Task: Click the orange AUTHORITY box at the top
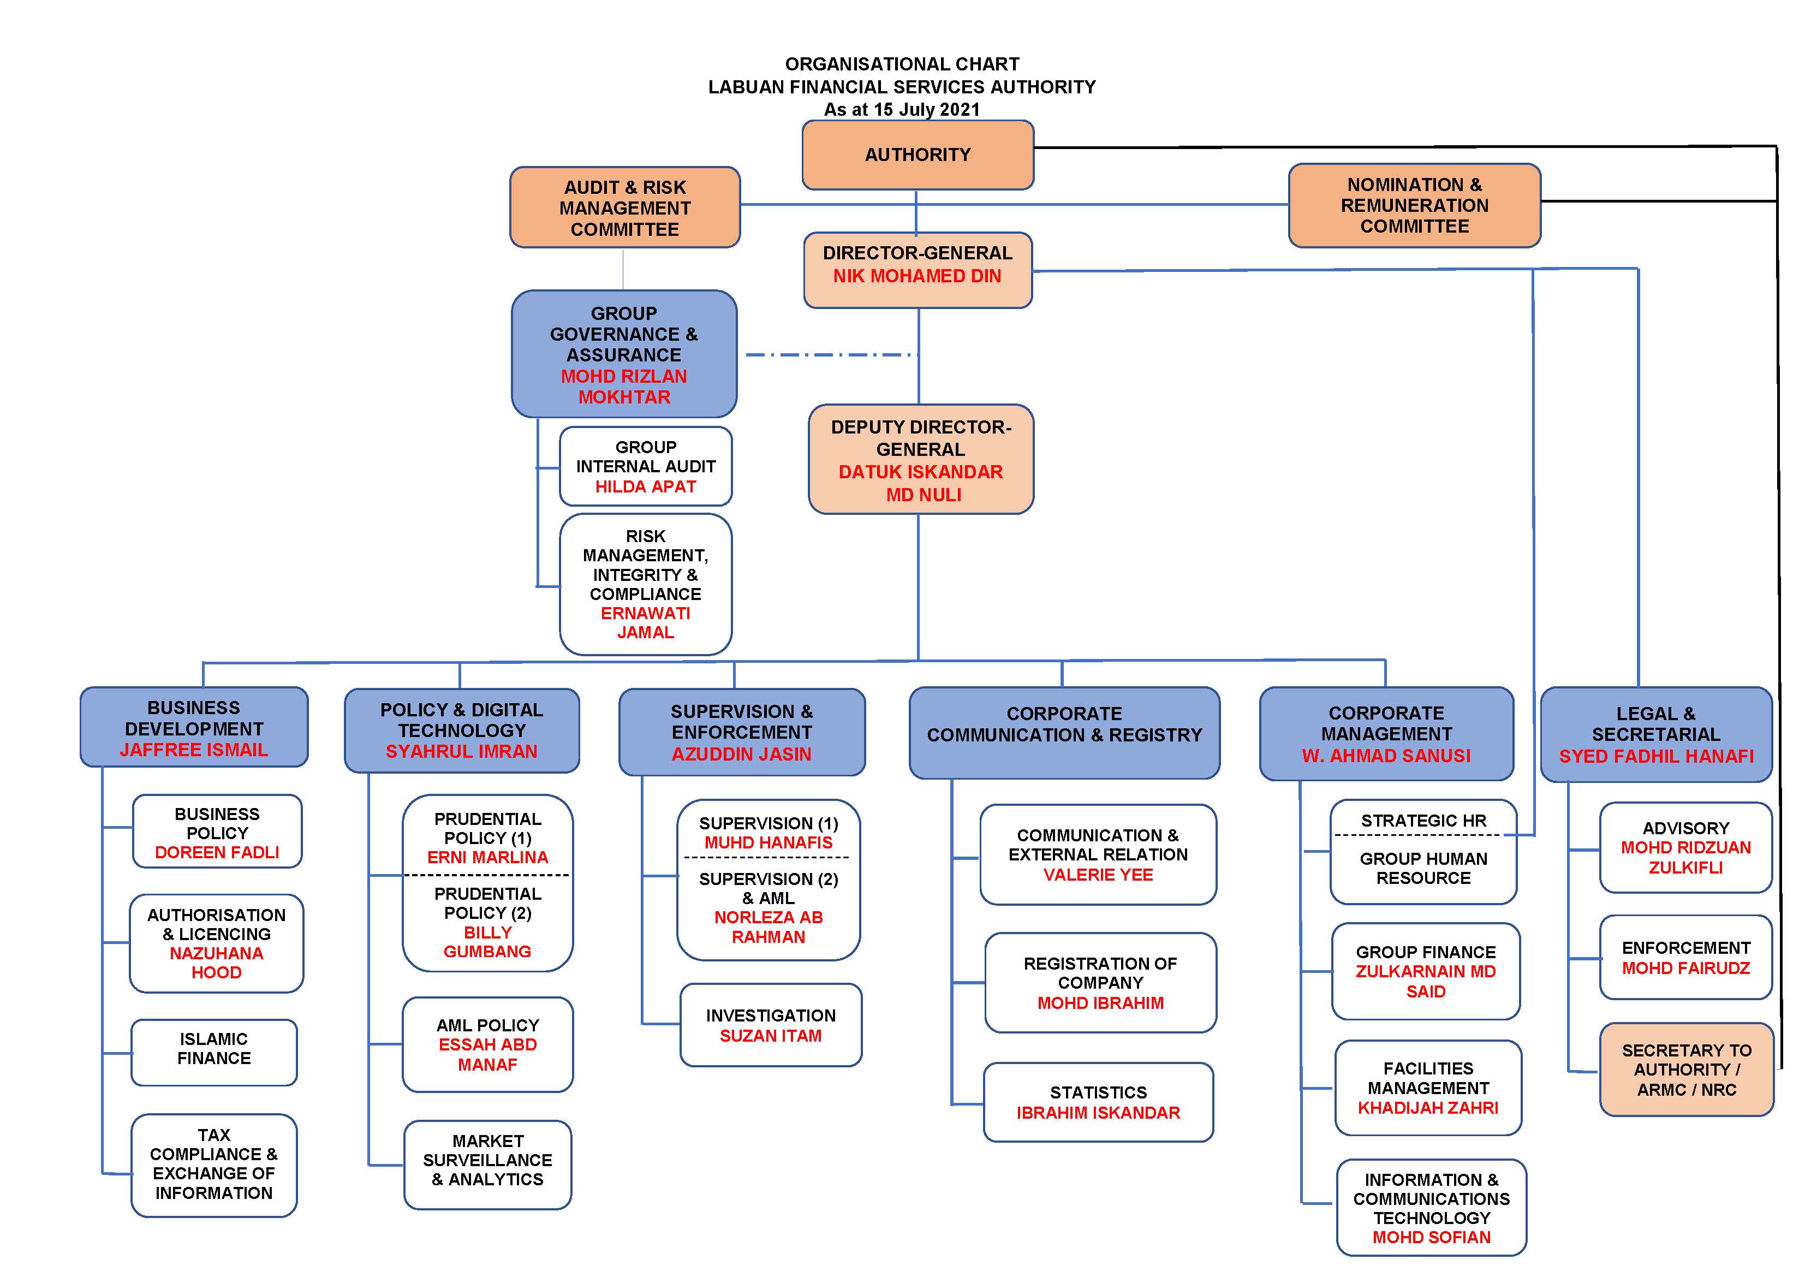[918, 155]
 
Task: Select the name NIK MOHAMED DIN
[918, 276]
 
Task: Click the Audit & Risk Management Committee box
[625, 207]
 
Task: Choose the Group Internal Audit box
[646, 466]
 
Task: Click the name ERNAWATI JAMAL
[646, 623]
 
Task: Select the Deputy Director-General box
[921, 459]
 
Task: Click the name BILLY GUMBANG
[487, 942]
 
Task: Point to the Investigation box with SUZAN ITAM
[771, 1025]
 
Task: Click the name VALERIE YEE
[1098, 875]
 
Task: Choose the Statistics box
[1098, 1102]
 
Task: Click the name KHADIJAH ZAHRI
[1428, 1108]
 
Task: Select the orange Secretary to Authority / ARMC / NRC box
[1687, 1070]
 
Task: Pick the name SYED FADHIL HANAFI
[1657, 757]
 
